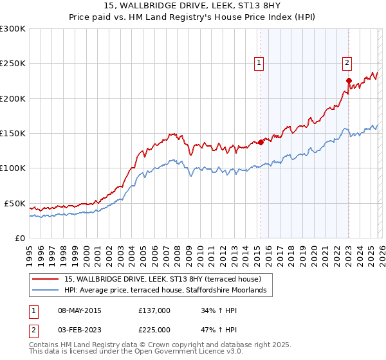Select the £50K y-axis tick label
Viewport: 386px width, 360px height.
[x=14, y=203]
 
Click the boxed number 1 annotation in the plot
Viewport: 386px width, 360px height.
[x=259, y=63]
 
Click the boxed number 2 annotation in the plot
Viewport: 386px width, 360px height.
[x=347, y=63]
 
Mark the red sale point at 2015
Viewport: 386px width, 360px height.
[x=261, y=143]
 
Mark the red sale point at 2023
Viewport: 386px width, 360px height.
[x=349, y=81]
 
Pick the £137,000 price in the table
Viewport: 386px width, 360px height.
[x=154, y=310]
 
